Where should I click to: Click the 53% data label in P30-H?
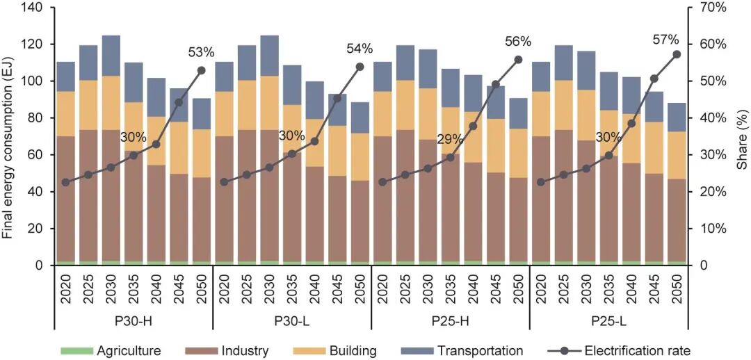(x=201, y=52)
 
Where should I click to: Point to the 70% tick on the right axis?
(x=715, y=8)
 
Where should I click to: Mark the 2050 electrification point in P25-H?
(x=518, y=60)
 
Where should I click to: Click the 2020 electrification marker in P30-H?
(x=65, y=182)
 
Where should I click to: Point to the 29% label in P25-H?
(x=450, y=139)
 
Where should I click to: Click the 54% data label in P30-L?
(x=360, y=49)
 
